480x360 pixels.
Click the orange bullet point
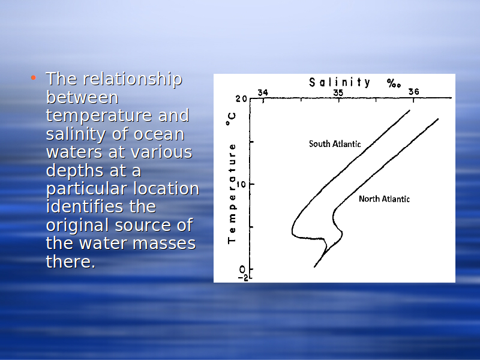(x=34, y=77)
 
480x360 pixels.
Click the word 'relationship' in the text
(x=133, y=79)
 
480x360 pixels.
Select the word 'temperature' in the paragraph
(x=100, y=116)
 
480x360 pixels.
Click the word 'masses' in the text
(x=164, y=244)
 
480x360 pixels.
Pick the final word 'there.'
(x=71, y=262)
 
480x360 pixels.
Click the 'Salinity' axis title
(x=340, y=83)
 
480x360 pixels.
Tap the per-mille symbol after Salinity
(x=394, y=83)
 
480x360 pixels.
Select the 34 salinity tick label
(x=263, y=92)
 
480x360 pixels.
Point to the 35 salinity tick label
(x=338, y=92)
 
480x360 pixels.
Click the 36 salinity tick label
(x=413, y=92)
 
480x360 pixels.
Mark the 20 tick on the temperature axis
(x=241, y=99)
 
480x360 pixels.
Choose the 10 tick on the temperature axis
(x=241, y=184)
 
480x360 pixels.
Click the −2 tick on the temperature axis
(x=244, y=278)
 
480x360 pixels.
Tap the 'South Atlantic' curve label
(x=335, y=144)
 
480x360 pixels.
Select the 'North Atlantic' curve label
(x=384, y=199)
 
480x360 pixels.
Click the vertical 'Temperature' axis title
(x=232, y=193)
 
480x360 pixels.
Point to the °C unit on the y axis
(x=231, y=119)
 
